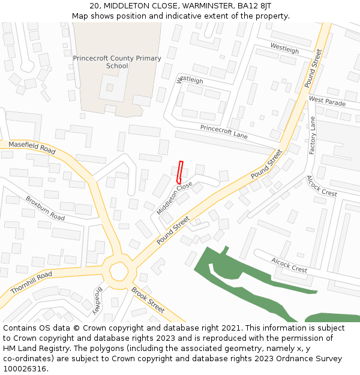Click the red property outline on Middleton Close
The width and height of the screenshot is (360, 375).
coord(179,172)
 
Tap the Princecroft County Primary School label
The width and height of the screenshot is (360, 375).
coord(117,62)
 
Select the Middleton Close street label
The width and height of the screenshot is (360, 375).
coord(175,199)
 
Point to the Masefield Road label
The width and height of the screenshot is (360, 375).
coord(32,148)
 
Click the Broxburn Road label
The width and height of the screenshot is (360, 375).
coord(45,208)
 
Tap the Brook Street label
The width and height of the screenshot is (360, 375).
coord(148,300)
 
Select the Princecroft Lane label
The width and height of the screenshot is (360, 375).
coord(224,132)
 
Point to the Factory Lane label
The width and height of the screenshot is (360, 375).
coord(313,136)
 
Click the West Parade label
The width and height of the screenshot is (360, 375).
coord(327,101)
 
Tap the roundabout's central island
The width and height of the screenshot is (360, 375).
coord(118,272)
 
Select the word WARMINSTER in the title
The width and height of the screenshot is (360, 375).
coord(182,5)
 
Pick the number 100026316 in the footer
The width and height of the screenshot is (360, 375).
coord(25,368)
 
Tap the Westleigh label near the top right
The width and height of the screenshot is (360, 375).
coord(284,49)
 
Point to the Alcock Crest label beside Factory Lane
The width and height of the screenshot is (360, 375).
coord(322,186)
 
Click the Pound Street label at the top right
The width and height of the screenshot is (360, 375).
coord(314,68)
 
